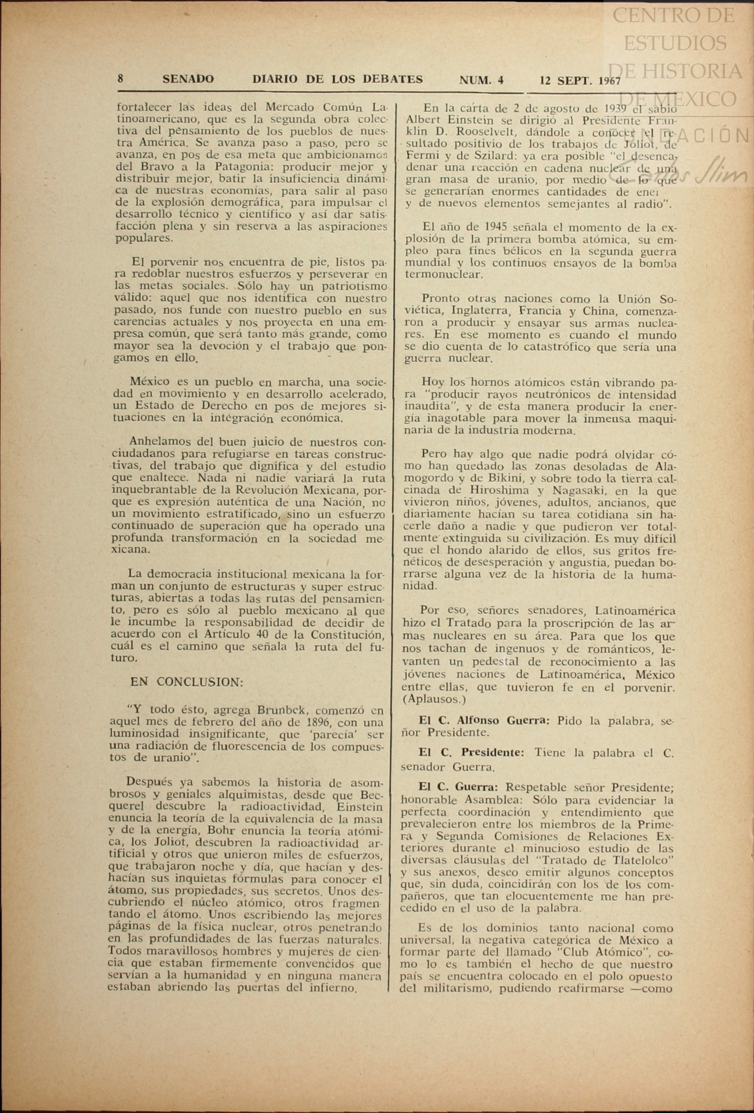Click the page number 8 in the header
click(x=121, y=79)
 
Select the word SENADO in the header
click(x=188, y=79)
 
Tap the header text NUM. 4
click(x=481, y=79)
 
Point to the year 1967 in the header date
click(x=609, y=80)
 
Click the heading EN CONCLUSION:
click(x=187, y=682)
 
